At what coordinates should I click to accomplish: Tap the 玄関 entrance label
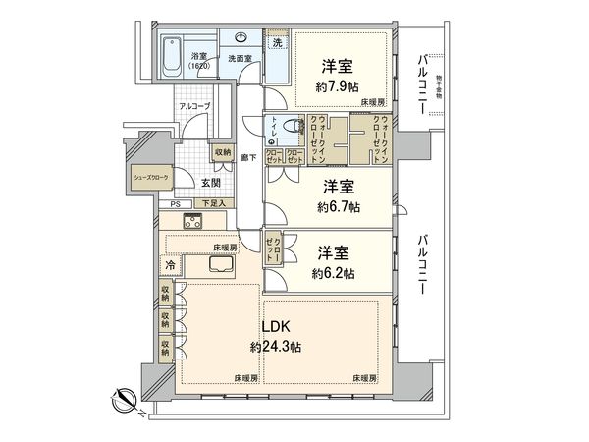[212, 182]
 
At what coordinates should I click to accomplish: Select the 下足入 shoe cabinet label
[212, 204]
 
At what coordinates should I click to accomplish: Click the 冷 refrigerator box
[171, 264]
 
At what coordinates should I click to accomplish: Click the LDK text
[275, 327]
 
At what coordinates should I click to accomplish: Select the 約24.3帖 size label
[276, 347]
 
